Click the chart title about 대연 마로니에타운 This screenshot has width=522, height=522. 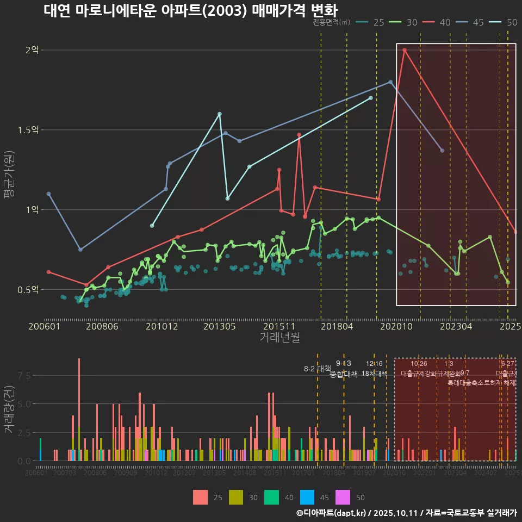[x=190, y=11]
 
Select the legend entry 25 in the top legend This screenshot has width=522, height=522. [x=372, y=22]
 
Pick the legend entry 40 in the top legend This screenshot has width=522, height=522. [x=438, y=22]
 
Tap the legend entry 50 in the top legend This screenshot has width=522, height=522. [x=505, y=22]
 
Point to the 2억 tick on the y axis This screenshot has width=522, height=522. [x=32, y=50]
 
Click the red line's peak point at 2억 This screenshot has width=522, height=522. [x=405, y=50]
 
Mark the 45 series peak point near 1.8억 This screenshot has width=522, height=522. [x=390, y=82]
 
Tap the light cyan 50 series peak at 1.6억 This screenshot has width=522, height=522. [x=219, y=114]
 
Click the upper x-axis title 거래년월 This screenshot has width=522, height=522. [x=279, y=338]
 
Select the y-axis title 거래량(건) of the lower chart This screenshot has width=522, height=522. [x=9, y=409]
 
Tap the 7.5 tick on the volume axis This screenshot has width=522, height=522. [x=24, y=376]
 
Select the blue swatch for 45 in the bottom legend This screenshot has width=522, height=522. [x=308, y=497]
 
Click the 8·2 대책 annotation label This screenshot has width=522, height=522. [x=317, y=369]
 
